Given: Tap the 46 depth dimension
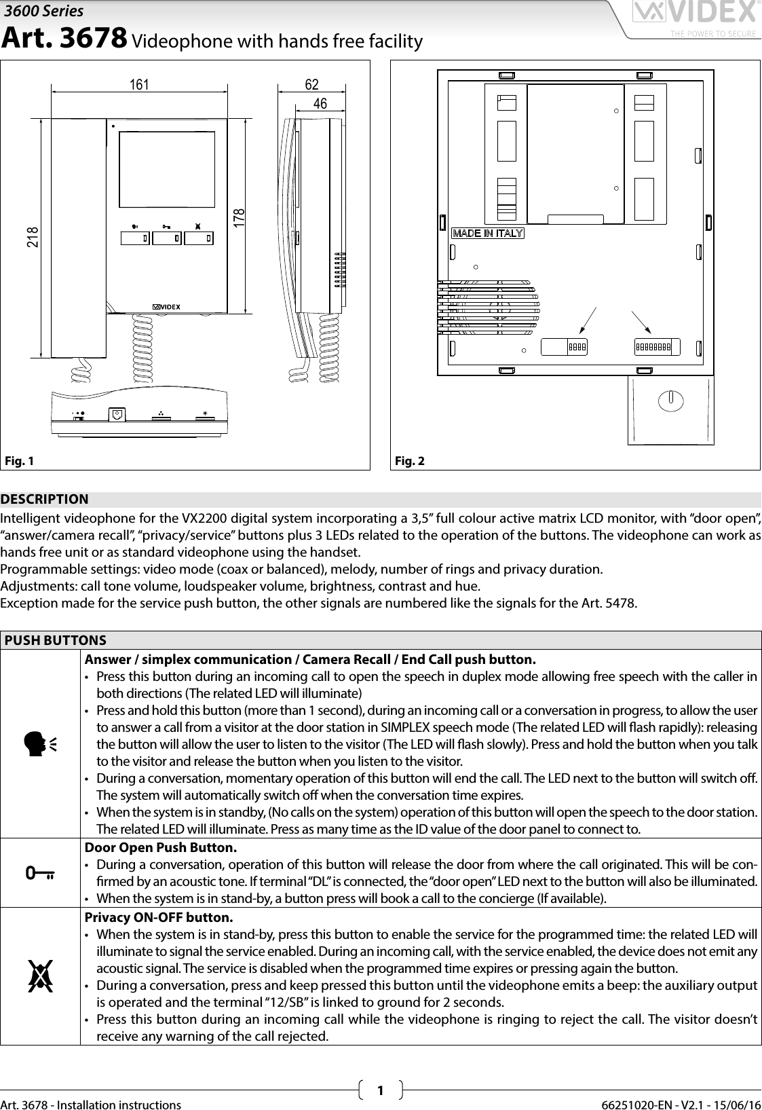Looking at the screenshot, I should pos(320,104).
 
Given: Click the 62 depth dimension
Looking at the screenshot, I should pos(311,85).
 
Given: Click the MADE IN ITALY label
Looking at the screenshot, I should pos(488,233).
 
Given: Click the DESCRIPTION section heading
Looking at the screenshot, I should pos(44,500).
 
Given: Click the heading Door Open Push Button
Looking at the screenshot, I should pos(161,848).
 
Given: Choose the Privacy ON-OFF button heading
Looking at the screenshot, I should pos(158,918).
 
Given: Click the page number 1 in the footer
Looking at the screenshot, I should pos(380,1091).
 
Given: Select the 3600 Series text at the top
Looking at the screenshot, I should pos(44,11).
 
